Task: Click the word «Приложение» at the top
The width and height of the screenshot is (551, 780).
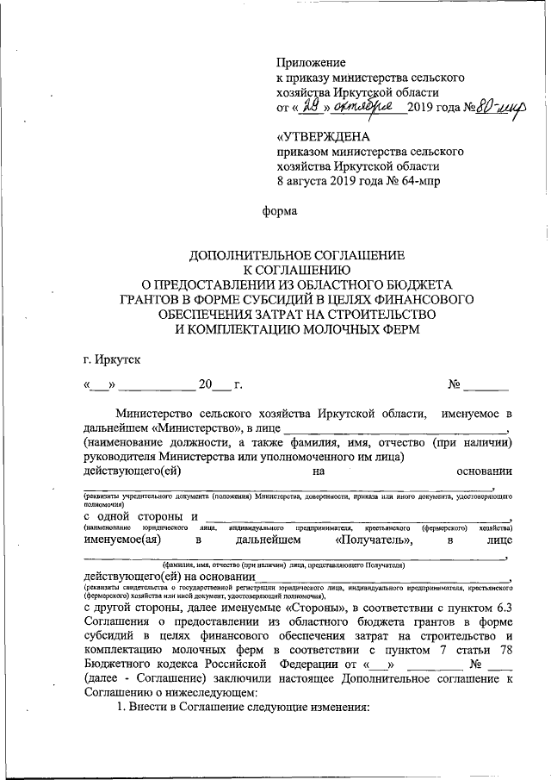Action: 311,63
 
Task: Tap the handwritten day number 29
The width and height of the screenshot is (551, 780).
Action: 314,106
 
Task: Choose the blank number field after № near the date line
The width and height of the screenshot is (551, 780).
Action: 492,384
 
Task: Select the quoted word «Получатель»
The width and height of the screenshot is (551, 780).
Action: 374,540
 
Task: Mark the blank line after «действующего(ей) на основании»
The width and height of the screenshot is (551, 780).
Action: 383,578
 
